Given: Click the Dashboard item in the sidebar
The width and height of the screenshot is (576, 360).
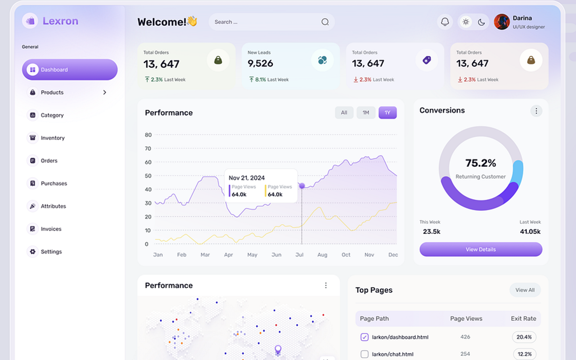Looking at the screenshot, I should [x=70, y=70].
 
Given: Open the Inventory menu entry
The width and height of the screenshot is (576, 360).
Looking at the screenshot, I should [x=53, y=138].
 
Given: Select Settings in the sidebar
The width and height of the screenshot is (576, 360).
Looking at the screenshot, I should [x=51, y=252].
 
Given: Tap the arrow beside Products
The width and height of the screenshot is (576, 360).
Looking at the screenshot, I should [x=104, y=92].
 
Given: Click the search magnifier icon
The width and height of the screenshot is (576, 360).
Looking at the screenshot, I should [x=325, y=22].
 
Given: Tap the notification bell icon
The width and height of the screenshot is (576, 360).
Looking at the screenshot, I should [x=445, y=22].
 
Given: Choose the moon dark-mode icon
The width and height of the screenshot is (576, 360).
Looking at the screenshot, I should [x=481, y=22].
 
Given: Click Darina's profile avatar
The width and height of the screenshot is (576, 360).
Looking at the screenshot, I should [x=502, y=22].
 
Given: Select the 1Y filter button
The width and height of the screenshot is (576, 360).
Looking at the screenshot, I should [x=387, y=112].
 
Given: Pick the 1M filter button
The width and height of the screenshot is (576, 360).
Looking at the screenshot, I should [x=366, y=112].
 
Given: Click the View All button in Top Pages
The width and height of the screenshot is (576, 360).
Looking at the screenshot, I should [x=525, y=290].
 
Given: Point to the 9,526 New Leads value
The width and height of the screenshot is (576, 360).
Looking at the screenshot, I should [x=261, y=63].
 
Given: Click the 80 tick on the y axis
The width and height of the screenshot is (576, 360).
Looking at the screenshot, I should [x=148, y=135].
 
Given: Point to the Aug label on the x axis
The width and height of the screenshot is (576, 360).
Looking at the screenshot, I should [x=322, y=255].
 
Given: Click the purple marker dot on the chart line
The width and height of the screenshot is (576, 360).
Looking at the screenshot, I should [x=302, y=185].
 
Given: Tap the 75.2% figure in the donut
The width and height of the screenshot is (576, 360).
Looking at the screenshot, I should [x=481, y=163].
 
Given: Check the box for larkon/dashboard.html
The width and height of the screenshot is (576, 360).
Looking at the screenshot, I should [x=364, y=337].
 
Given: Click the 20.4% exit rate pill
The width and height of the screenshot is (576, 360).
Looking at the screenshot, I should [x=524, y=337].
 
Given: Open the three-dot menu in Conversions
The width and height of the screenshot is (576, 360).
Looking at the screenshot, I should [x=536, y=111].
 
